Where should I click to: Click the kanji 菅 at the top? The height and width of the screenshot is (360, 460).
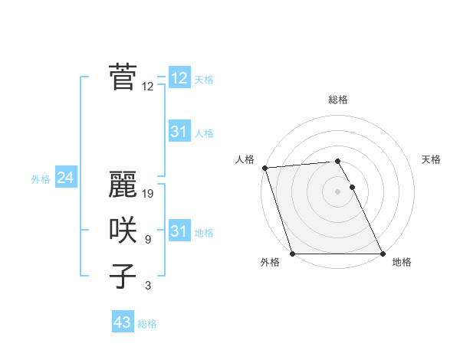[x=123, y=77]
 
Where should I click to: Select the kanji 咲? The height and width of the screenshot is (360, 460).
[x=123, y=231]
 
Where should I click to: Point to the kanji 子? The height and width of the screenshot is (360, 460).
[x=123, y=276]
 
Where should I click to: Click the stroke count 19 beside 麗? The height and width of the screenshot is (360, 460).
[x=149, y=194]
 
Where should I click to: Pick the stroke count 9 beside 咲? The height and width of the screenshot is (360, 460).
[x=147, y=240]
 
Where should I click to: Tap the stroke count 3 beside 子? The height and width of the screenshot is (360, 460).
[x=147, y=286]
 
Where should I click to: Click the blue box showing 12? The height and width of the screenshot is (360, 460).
[x=179, y=78]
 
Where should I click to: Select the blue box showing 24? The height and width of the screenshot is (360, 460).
[x=65, y=178]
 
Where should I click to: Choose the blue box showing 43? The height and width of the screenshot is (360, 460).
[x=122, y=322]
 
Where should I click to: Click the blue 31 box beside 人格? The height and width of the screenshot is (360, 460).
[x=179, y=132]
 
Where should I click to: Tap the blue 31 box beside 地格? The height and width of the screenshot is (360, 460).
[x=179, y=231]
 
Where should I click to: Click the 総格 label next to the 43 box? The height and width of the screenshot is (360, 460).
[x=147, y=324]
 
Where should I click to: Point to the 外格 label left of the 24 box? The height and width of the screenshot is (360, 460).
[x=41, y=179]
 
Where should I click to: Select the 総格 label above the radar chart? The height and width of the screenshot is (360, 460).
[x=338, y=100]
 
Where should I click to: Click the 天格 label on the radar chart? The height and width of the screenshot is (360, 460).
[x=432, y=159]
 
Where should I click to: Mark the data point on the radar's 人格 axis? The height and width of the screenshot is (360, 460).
[x=264, y=168]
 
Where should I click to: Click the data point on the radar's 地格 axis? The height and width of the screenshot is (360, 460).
[x=383, y=254]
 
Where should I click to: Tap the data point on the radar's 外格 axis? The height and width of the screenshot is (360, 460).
[x=292, y=254]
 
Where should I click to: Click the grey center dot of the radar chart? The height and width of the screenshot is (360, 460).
[x=337, y=191]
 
